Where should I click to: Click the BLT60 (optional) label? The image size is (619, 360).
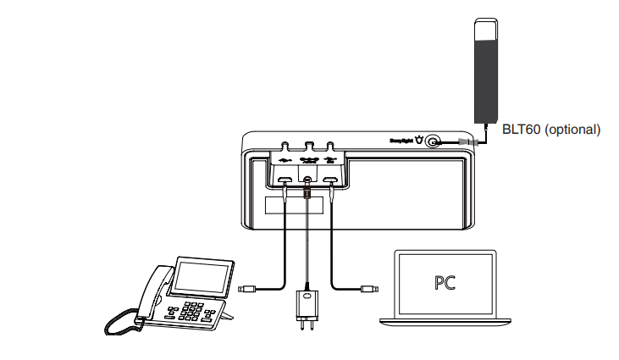tap(550, 130)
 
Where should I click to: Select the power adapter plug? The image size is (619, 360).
tap(306, 307)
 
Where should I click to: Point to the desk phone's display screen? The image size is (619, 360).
tap(200, 277)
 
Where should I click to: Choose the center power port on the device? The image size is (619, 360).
tap(307, 180)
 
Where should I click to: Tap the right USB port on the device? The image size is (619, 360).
tap(330, 180)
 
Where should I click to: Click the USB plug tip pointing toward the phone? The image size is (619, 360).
tap(246, 289)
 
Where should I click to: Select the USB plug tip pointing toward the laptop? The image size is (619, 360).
tap(368, 289)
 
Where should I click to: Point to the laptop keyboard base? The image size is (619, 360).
tap(445, 320)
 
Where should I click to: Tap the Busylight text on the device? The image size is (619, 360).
tap(400, 141)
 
